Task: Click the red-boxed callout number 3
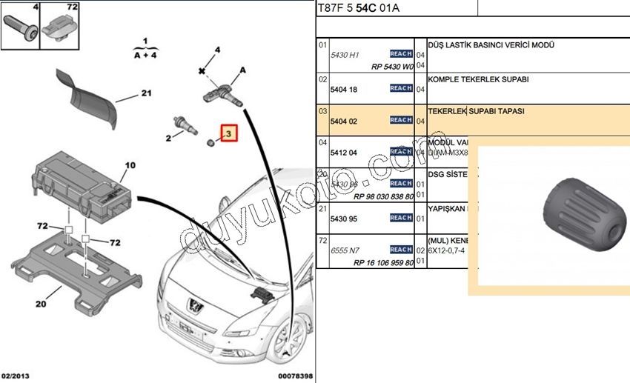point(229,134)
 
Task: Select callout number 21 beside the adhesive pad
point(146,94)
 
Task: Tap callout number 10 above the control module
point(130,166)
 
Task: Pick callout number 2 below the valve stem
point(168,138)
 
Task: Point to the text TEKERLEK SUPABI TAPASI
point(476,111)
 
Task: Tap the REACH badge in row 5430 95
point(401,218)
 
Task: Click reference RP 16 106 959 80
point(383,263)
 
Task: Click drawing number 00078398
point(294,376)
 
